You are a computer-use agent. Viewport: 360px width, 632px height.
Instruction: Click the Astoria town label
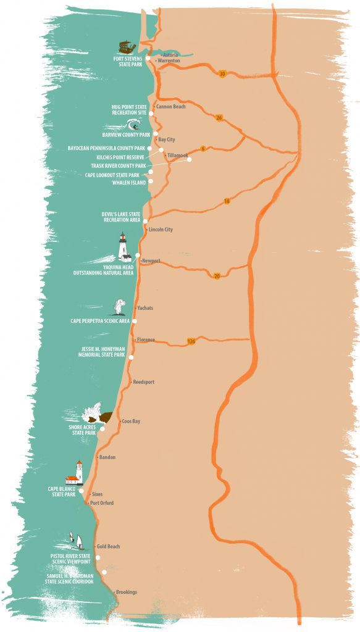(170, 55)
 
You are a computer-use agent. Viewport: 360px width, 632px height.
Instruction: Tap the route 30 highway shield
(222, 74)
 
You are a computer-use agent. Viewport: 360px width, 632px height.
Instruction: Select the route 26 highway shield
(219, 118)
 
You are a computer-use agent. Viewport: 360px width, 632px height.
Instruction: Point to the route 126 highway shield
(192, 341)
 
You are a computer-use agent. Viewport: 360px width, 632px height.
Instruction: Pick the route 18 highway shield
(226, 202)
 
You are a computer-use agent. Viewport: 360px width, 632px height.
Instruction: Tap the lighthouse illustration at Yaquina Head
(124, 247)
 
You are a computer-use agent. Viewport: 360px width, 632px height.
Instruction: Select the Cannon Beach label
(171, 106)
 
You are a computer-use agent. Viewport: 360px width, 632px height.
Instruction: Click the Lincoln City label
(161, 230)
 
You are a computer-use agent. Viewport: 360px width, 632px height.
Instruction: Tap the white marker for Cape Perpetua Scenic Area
(135, 321)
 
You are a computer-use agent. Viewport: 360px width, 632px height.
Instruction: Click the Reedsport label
(144, 382)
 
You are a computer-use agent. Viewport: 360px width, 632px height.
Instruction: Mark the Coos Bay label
(131, 421)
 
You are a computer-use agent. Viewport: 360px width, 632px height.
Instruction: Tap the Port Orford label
(102, 503)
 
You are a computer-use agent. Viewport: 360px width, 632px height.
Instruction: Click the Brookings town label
(126, 592)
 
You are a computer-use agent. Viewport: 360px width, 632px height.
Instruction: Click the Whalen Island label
(128, 183)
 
